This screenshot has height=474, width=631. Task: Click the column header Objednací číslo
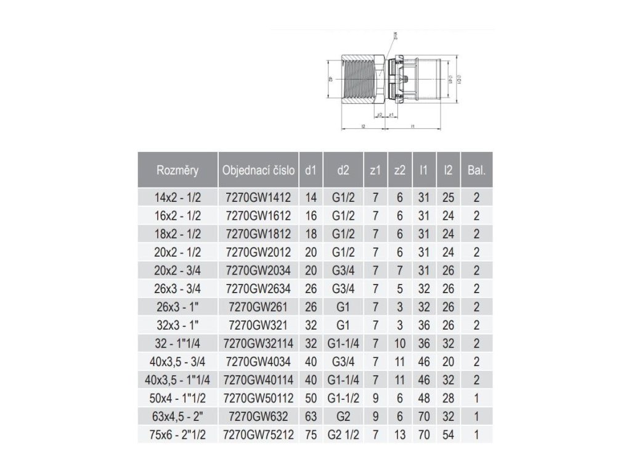[259, 170]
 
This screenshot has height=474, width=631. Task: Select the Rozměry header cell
[177, 170]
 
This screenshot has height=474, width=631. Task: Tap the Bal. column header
[476, 170]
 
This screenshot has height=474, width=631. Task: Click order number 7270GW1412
[259, 198]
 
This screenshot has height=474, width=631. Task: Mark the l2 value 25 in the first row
[448, 198]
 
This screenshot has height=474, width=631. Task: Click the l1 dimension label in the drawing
[412, 127]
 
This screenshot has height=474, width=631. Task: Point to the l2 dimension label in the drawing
[364, 127]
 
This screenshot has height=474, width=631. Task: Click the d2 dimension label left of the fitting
[331, 79]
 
